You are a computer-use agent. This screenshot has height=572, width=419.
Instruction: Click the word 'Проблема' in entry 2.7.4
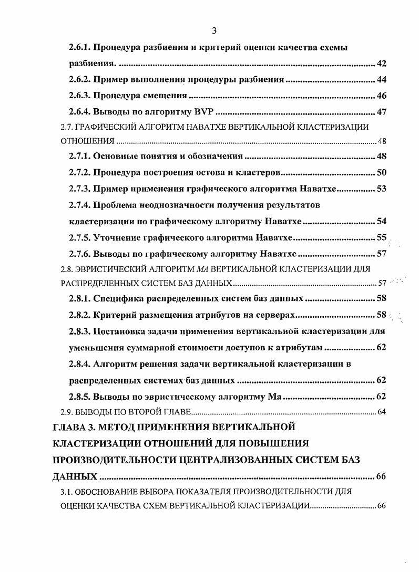click(x=116, y=205)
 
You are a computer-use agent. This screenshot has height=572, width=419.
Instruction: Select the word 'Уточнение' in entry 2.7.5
click(x=118, y=238)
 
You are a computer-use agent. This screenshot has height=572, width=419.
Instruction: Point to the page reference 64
click(x=382, y=411)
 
